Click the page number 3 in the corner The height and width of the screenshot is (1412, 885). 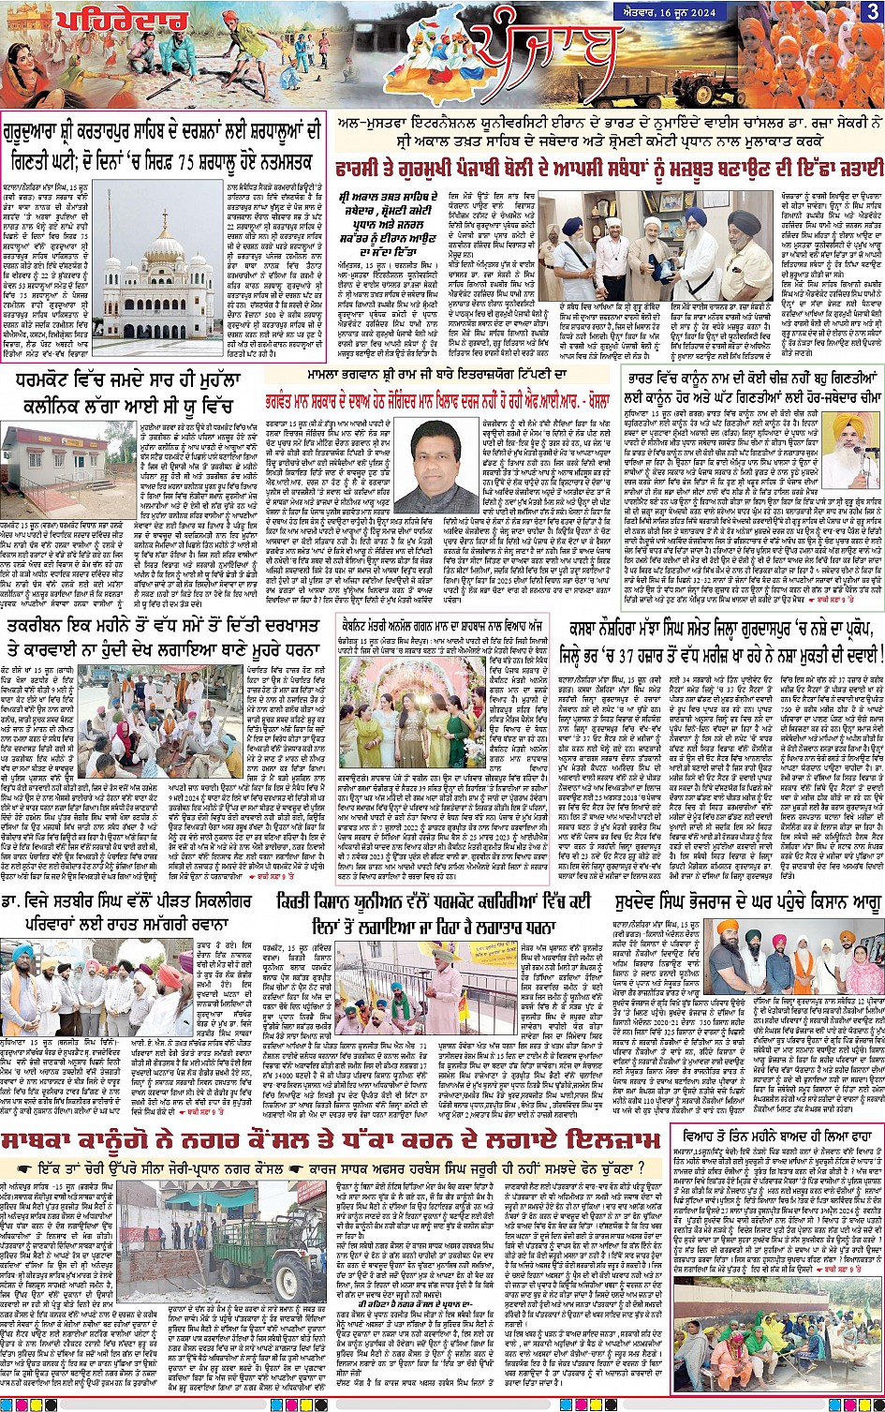(872, 12)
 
